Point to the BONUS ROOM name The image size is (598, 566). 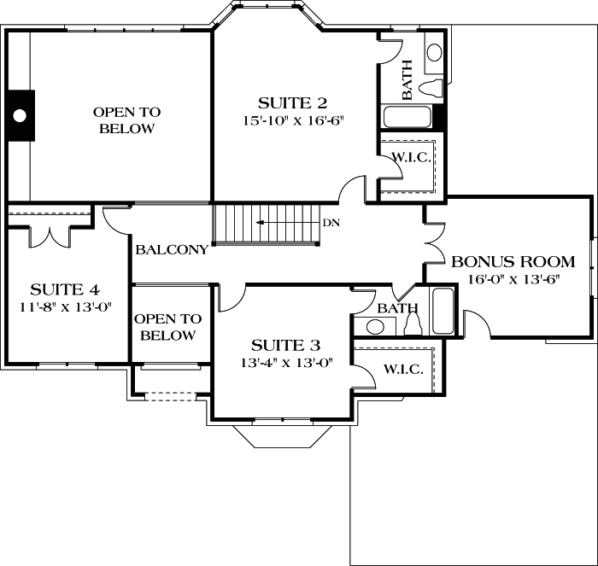513,261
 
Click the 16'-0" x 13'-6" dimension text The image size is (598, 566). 513,279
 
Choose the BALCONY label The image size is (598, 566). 172,250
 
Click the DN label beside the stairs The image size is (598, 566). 332,225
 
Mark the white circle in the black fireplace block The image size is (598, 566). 19,114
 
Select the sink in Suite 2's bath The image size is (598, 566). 434,51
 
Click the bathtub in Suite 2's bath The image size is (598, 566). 407,117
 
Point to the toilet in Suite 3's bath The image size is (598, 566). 413,324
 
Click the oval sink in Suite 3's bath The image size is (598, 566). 374,325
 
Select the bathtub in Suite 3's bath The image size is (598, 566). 443,312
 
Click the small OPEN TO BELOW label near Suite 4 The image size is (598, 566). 168,327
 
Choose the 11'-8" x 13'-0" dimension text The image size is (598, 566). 65,306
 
